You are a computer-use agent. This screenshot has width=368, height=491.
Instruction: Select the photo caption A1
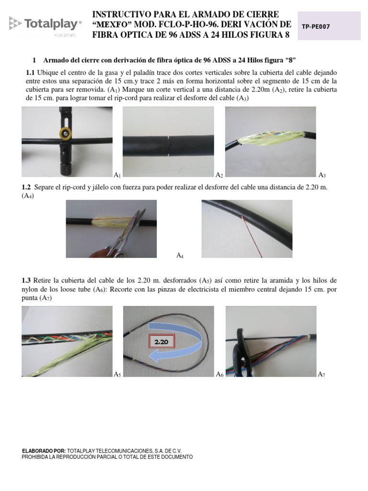click(117, 175)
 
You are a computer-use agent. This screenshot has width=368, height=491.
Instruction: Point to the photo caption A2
click(219, 175)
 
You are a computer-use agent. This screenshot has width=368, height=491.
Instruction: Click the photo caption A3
click(322, 175)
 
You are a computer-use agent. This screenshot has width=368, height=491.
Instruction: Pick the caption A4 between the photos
click(180, 256)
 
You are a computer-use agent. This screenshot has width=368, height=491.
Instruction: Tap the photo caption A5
click(117, 374)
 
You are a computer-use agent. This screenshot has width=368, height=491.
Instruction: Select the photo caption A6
click(219, 374)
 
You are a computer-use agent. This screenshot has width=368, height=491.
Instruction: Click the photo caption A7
click(322, 374)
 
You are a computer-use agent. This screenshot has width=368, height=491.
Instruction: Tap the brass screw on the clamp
click(63, 134)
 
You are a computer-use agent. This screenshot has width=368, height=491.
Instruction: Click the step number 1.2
click(26, 187)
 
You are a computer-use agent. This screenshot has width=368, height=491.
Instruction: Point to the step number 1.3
click(26, 280)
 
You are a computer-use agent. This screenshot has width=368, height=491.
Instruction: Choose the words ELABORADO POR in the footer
click(44, 451)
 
